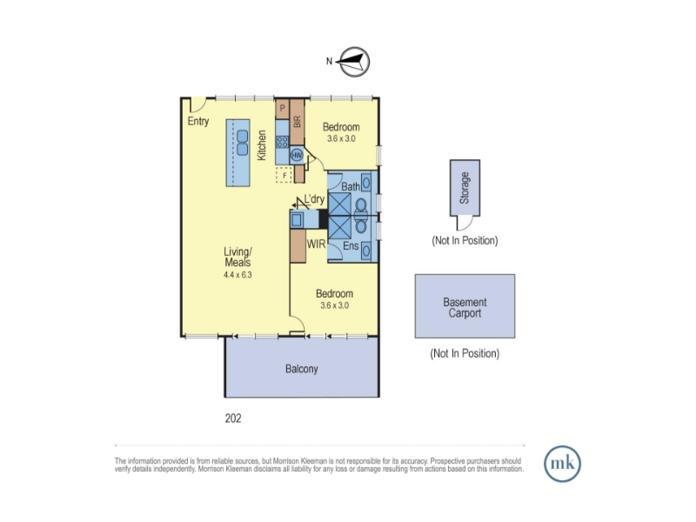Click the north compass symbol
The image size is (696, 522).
click(x=354, y=62)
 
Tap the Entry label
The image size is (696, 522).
click(x=198, y=121)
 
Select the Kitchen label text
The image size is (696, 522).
click(x=262, y=145)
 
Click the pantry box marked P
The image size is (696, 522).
click(x=282, y=109)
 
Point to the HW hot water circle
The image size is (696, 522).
click(x=297, y=156)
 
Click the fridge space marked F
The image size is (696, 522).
click(x=284, y=175)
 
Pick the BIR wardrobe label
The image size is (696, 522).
click(x=297, y=121)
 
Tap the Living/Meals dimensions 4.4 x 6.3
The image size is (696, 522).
click(x=238, y=275)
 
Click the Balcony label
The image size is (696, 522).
click(x=302, y=369)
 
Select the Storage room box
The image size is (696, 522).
click(x=465, y=188)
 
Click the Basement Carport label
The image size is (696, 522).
click(x=465, y=308)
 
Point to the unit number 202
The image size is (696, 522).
click(x=233, y=418)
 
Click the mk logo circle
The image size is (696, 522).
click(x=562, y=464)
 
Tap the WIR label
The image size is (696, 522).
click(x=316, y=244)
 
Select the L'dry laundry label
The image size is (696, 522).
click(x=314, y=199)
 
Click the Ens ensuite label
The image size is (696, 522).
click(x=351, y=245)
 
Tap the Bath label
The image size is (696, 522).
click(x=351, y=187)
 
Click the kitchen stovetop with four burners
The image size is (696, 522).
click(x=282, y=142)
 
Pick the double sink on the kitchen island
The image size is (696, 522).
click(x=243, y=143)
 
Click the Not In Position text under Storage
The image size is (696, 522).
click(x=465, y=241)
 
